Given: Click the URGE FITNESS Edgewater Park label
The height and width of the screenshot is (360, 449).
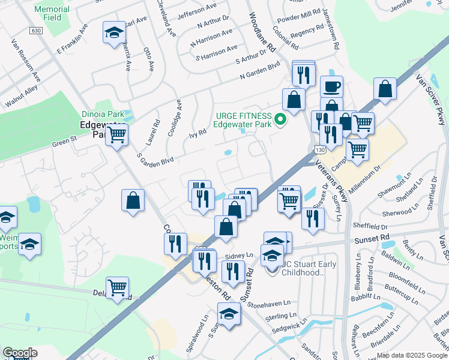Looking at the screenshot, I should click(243, 121).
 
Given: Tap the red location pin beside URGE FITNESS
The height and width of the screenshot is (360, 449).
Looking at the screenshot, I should click(279, 121).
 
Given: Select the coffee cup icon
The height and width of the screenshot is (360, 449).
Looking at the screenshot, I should click(331, 87).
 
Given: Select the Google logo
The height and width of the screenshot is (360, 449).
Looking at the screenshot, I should click(20, 353).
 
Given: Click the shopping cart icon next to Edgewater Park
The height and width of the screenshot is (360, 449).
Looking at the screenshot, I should click(117, 136).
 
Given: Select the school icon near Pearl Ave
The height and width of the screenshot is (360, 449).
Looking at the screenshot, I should click(113, 34).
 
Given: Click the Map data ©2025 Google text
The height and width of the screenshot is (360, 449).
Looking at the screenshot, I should click(411, 355).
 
